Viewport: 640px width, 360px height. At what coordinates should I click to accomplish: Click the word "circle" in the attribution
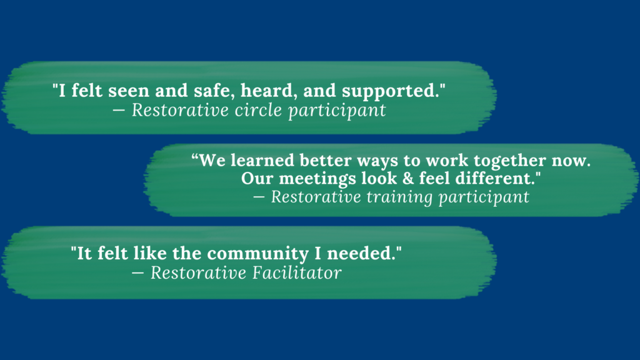click(253, 111)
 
